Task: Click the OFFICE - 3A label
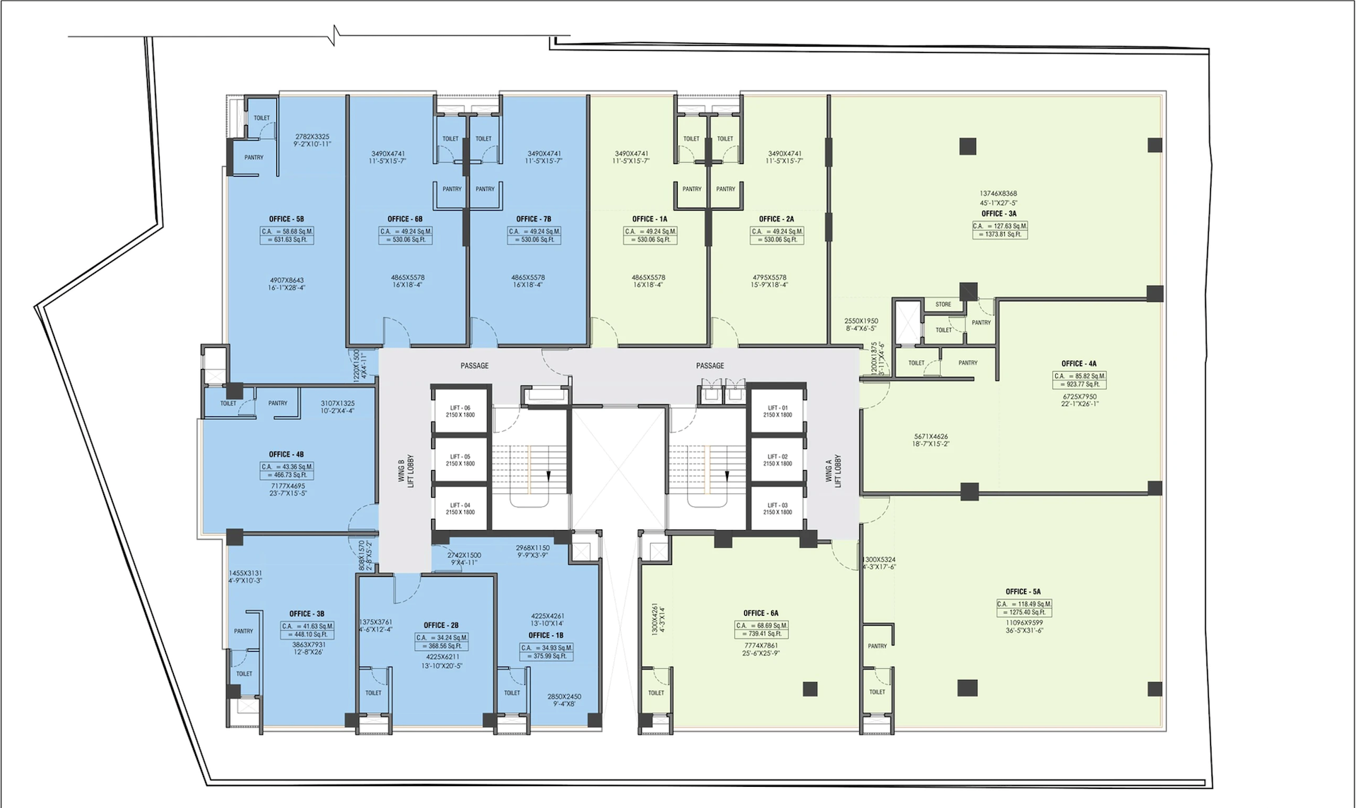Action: tap(998, 213)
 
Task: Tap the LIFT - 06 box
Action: tap(460, 411)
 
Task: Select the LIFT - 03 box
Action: tap(777, 508)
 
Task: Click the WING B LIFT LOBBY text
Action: tap(406, 471)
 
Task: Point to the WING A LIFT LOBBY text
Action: tap(833, 471)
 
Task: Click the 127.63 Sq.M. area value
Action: tap(999, 226)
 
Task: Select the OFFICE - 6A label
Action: tap(760, 613)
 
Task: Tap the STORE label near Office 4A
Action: tap(943, 305)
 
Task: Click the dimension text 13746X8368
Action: tap(998, 194)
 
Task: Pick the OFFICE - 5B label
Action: tap(286, 219)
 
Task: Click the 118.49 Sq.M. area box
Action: tap(1024, 608)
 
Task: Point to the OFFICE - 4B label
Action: tap(286, 455)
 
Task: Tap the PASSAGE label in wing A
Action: tap(710, 365)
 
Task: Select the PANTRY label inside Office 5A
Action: tap(877, 646)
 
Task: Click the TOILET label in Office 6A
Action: tap(656, 693)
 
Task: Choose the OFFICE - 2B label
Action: tap(441, 625)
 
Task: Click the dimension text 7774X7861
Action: tap(760, 645)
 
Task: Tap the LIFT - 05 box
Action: tap(460, 459)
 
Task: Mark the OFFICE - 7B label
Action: tap(534, 219)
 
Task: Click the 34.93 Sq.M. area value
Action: tap(546, 648)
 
